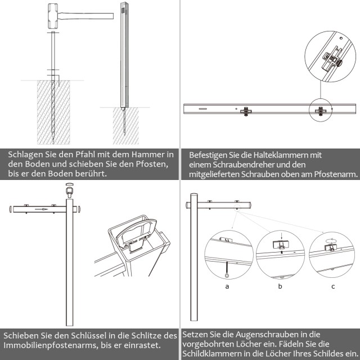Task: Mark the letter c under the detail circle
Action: [x=332, y=286]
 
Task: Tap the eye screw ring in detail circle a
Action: [x=227, y=275]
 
